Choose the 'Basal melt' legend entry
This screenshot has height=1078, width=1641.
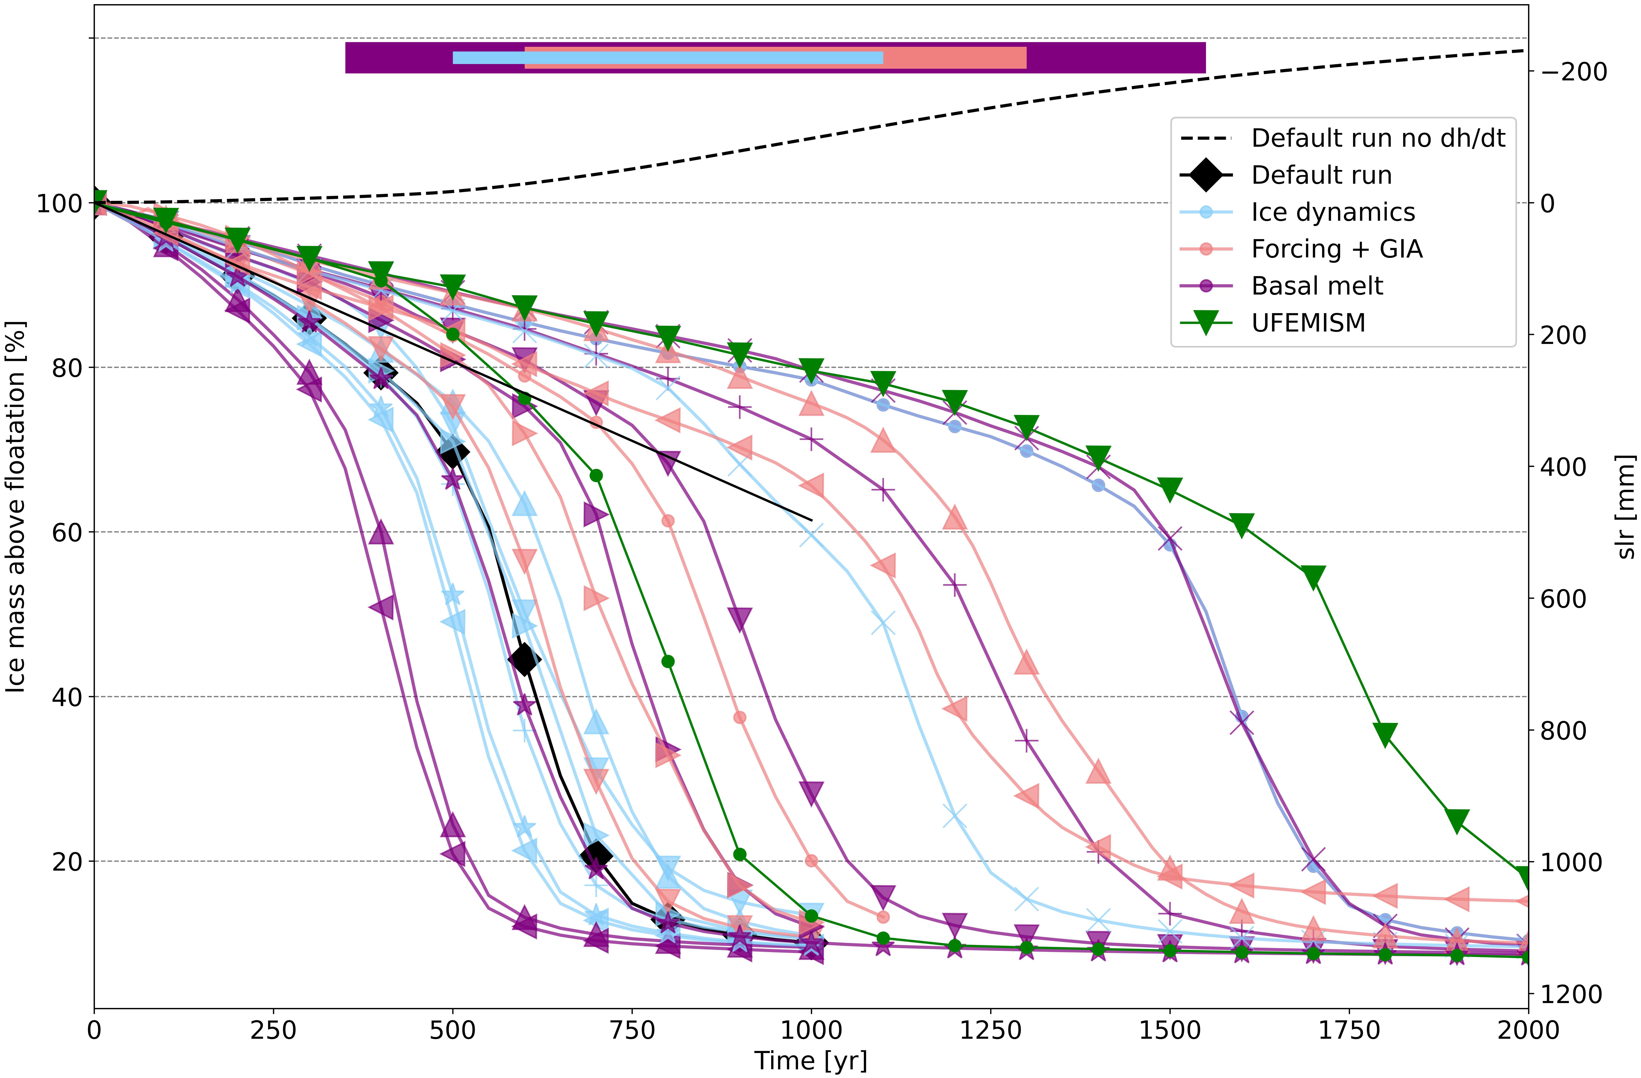click(1317, 285)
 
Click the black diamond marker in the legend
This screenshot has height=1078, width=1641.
click(1206, 175)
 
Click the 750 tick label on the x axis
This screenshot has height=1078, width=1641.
click(632, 1030)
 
